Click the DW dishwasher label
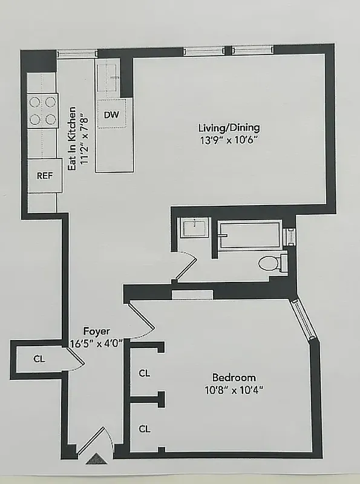coord(111,115)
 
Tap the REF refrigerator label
coord(44,177)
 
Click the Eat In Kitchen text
coord(71,139)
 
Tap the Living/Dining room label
coord(229,128)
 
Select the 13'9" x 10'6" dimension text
coord(229,140)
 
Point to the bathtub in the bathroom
coord(250,236)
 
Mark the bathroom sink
coord(194,229)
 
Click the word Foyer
coord(97,331)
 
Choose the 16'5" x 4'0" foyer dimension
coord(97,342)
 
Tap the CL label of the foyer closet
coord(39,359)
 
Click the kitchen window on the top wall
coord(77,53)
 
